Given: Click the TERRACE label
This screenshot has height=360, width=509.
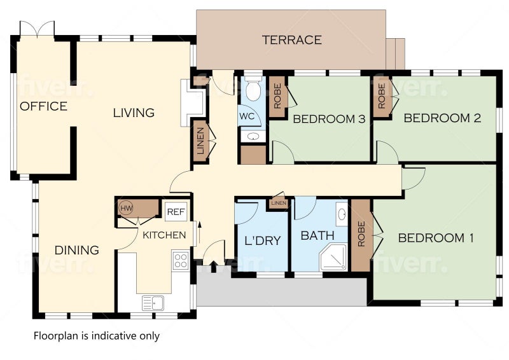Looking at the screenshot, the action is click(292, 40).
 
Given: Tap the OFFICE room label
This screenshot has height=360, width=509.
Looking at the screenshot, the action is click(43, 106).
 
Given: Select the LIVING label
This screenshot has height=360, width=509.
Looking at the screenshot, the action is click(134, 113).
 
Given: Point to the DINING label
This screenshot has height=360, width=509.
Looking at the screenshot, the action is click(76, 250).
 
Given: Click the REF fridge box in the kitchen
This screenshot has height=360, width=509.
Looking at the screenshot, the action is click(176, 212).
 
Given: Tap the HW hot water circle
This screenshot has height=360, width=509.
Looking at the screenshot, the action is click(126, 208).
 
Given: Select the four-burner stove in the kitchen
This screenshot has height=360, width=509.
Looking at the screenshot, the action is click(181, 261).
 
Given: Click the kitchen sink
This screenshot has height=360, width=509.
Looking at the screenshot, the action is click(153, 303).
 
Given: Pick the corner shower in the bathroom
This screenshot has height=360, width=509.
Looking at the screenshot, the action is click(333, 258).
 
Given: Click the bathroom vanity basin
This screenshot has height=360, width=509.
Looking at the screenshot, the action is click(342, 214).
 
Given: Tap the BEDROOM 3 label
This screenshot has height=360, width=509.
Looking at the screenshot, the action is click(329, 119).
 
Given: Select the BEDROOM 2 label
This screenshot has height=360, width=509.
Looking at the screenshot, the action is click(442, 118).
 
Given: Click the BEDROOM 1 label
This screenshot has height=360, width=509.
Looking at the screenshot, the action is click(436, 238).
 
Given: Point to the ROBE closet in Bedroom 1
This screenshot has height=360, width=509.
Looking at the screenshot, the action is click(361, 235).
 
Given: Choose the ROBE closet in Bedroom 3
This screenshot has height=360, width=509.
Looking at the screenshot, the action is click(277, 96).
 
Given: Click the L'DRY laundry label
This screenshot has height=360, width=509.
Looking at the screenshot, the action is click(262, 240).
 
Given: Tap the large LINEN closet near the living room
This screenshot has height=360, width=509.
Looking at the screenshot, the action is click(200, 141).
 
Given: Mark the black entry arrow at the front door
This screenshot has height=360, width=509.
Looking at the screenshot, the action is click(213, 267).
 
